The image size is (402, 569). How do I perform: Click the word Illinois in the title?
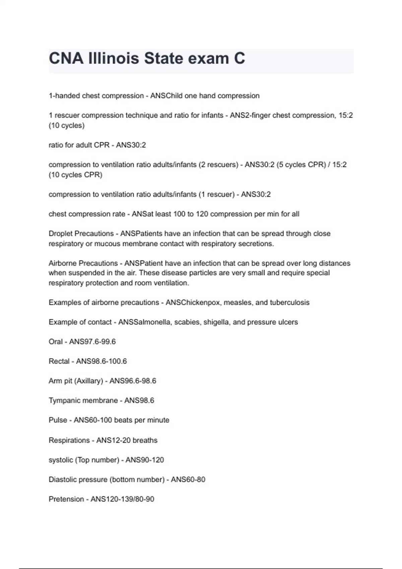click(x=113, y=59)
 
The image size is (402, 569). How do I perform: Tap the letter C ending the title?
click(x=239, y=59)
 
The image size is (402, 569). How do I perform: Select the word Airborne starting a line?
click(x=62, y=263)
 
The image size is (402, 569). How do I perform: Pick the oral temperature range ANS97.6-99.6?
click(x=92, y=342)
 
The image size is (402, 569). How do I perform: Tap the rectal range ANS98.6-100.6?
click(x=102, y=361)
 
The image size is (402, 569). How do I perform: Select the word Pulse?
click(x=58, y=420)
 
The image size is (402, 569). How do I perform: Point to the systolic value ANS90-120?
click(x=145, y=460)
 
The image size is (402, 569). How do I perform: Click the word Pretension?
click(x=66, y=499)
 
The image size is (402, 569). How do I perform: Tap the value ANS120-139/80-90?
click(x=122, y=499)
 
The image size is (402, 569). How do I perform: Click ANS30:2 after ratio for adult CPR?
click(x=131, y=145)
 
